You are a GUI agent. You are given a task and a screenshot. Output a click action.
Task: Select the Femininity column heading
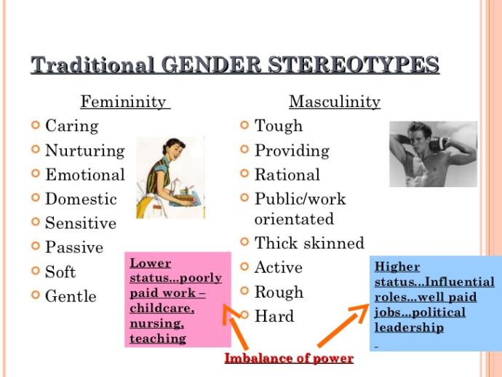(x=124, y=102)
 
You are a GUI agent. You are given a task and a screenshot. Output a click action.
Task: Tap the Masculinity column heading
(x=335, y=102)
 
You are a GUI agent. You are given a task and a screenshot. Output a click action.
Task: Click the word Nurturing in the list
(x=84, y=151)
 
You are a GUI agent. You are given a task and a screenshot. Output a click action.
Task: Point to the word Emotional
(x=84, y=175)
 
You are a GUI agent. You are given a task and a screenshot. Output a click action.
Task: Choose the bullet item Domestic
(x=81, y=199)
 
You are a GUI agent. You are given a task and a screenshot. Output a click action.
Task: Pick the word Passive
(x=74, y=247)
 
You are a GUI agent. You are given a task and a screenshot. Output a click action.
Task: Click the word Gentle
(x=71, y=296)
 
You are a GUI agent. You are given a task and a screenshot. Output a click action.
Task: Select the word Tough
(x=277, y=126)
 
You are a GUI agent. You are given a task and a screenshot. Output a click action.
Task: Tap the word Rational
(x=287, y=175)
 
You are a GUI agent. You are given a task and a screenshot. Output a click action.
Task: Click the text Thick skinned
(x=309, y=243)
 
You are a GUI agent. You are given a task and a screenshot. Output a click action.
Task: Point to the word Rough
(x=279, y=292)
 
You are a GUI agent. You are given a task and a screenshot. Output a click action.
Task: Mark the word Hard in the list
(x=274, y=317)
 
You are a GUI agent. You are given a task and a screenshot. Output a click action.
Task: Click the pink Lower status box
(x=176, y=298)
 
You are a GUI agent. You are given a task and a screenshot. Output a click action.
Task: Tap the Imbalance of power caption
(x=289, y=358)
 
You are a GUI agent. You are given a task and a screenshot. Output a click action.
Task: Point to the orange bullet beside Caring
(x=35, y=125)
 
